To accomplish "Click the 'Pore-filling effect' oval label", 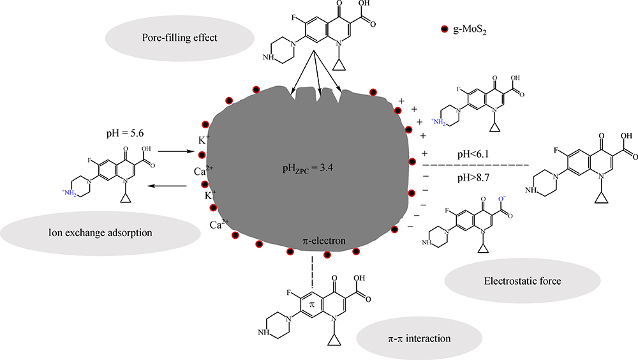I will [181, 38].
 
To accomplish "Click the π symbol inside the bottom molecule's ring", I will [311, 306].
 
